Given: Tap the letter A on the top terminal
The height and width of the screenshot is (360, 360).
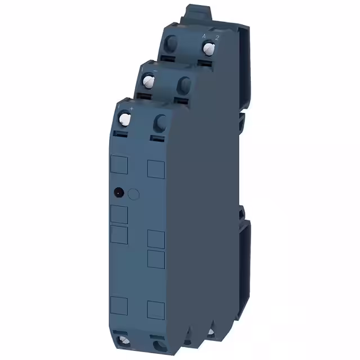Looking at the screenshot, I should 204,36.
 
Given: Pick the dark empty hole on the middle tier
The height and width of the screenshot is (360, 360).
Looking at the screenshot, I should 183,84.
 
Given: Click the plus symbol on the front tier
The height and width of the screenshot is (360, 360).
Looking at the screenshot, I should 131,107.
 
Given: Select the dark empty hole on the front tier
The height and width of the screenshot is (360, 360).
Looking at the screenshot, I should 160,121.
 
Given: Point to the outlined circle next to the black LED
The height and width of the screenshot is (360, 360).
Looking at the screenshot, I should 133,194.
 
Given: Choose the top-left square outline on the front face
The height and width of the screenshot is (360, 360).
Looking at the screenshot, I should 119,164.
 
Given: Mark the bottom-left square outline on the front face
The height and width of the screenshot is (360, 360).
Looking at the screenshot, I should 119,304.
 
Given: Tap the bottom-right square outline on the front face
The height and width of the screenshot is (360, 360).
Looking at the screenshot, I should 156,309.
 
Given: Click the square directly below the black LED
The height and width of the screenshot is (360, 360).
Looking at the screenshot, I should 119,214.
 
